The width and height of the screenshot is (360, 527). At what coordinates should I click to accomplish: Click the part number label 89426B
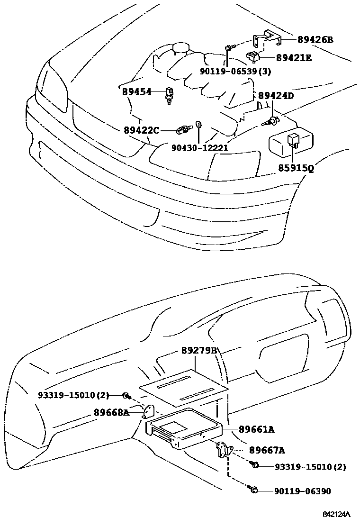click(x=315, y=40)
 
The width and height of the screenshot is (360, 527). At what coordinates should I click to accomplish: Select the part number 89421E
click(x=294, y=58)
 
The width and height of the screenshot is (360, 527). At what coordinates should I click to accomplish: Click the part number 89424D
click(x=276, y=96)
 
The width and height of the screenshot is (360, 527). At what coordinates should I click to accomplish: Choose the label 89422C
click(x=142, y=129)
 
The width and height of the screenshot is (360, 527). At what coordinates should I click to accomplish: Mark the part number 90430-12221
click(x=200, y=147)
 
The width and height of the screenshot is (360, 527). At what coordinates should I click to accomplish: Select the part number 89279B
click(x=199, y=351)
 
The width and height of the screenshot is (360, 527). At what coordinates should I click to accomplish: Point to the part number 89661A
click(x=256, y=429)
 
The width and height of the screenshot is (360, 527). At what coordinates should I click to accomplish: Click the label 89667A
click(x=267, y=450)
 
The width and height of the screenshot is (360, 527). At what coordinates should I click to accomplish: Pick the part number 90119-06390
click(x=302, y=491)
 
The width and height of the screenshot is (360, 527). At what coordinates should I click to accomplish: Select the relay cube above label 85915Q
click(x=293, y=139)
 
